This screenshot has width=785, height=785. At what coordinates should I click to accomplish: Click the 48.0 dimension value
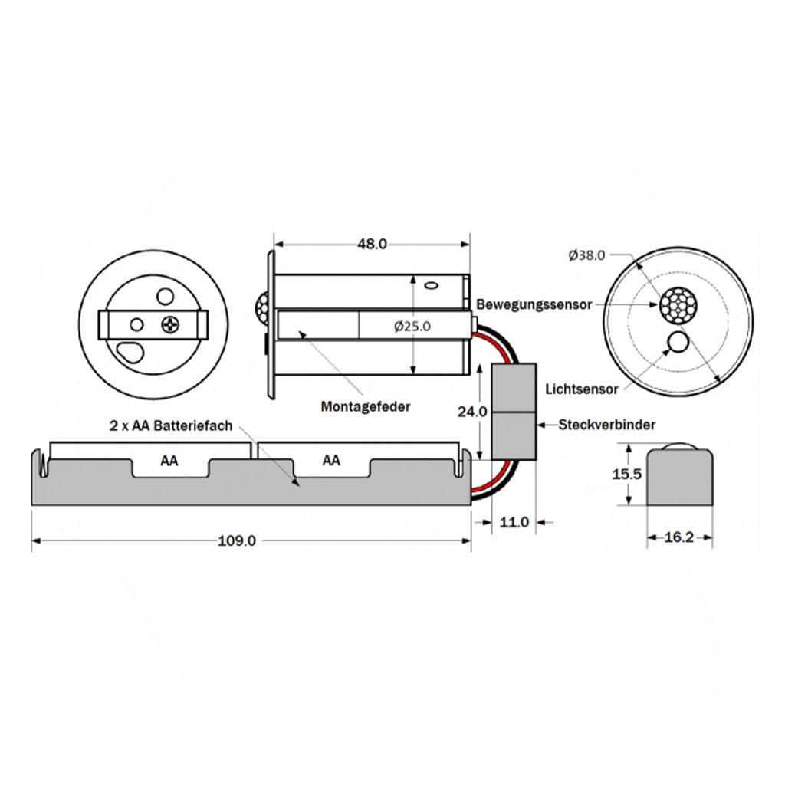372,244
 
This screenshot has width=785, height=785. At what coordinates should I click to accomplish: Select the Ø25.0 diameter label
412,326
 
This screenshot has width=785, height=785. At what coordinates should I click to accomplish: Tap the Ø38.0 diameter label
587,255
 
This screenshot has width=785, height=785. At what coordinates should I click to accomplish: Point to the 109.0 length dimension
237,540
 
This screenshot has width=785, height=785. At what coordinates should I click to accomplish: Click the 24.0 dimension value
472,412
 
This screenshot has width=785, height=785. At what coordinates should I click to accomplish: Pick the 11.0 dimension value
514,522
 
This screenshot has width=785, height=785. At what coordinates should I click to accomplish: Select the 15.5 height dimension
626,475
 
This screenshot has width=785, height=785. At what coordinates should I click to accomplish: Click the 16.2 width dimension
678,537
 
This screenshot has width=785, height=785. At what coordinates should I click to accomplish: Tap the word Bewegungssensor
534,304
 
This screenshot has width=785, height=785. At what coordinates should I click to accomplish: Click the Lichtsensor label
582,389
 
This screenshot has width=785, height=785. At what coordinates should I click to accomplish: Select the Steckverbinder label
601,424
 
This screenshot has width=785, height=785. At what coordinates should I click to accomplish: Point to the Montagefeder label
366,406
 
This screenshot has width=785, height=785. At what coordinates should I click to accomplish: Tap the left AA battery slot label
170,461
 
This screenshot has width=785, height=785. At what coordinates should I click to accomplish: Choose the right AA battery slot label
331,461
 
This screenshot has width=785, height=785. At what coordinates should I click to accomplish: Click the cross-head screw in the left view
170,325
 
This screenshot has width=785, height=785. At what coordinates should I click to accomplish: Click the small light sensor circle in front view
678,342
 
